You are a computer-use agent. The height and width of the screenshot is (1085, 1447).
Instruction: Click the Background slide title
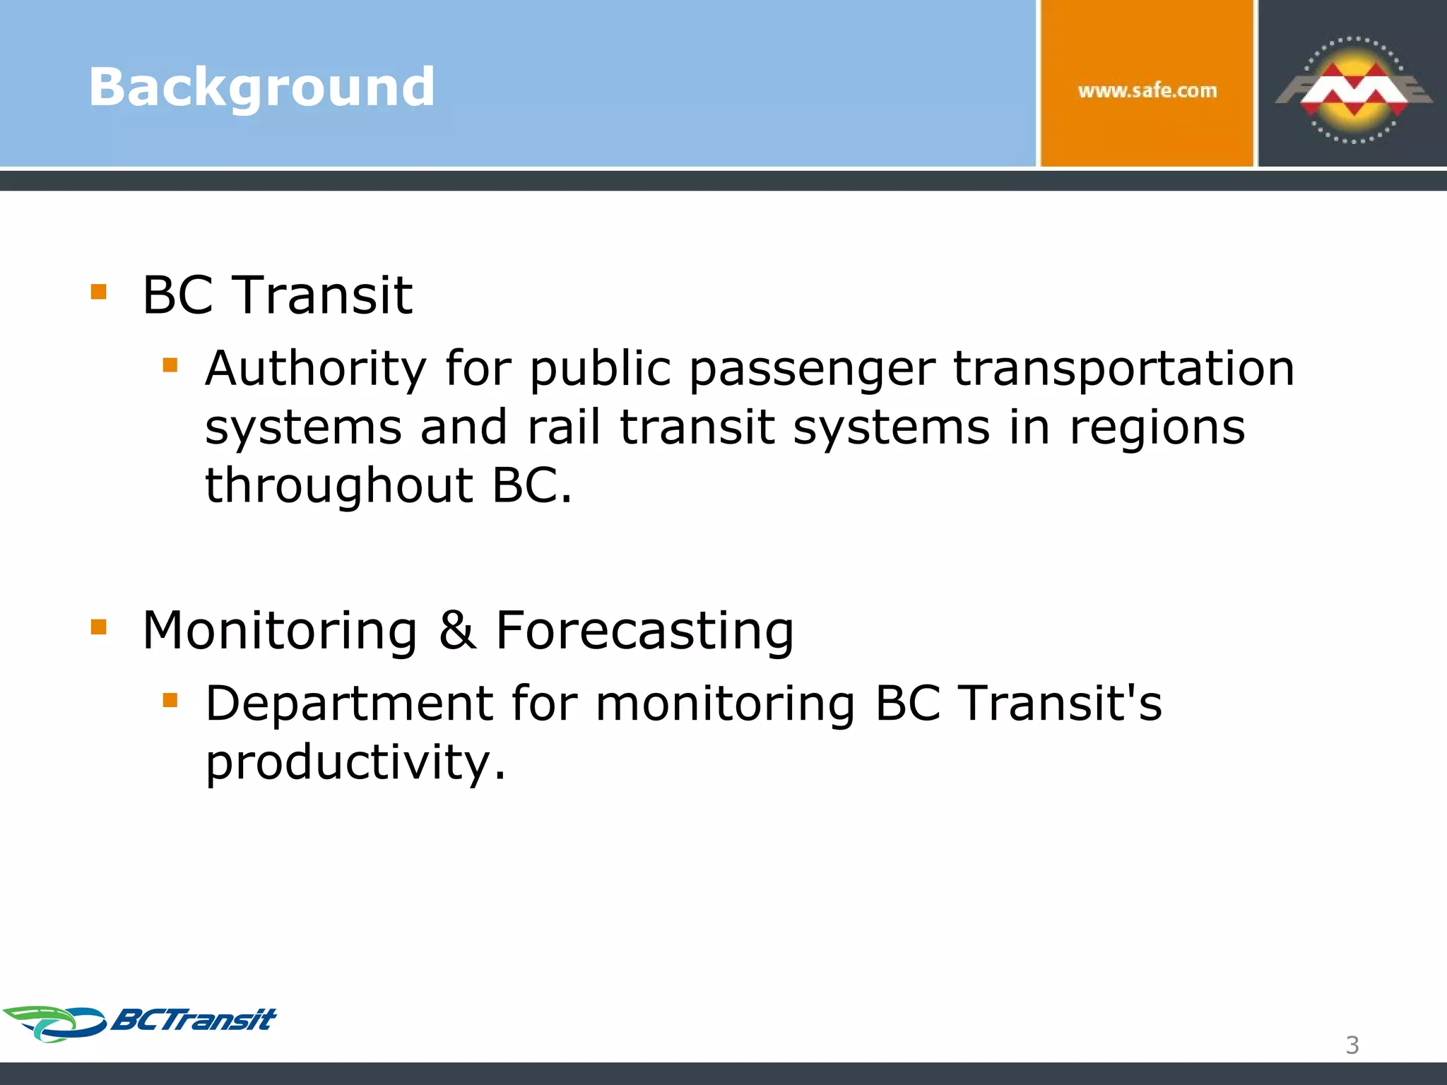[261, 87]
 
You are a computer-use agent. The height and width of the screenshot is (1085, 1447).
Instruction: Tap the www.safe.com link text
[1147, 90]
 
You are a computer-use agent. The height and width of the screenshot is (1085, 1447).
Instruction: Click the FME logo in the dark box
[1353, 90]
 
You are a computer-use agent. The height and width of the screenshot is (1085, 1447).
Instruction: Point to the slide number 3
[1352, 1045]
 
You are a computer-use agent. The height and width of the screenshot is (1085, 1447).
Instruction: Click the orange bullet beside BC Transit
[99, 292]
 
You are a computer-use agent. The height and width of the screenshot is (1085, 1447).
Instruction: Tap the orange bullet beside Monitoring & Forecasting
[99, 627]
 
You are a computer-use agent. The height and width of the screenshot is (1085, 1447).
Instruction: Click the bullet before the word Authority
[170, 365]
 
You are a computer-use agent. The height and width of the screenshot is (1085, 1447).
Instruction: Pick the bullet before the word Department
[170, 700]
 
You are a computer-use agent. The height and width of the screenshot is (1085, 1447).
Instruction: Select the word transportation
[1123, 370]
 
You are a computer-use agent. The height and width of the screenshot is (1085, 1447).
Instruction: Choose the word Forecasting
[644, 632]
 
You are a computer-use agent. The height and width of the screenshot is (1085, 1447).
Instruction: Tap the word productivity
[355, 764]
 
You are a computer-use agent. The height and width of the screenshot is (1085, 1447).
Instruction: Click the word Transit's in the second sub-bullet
[1059, 704]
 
